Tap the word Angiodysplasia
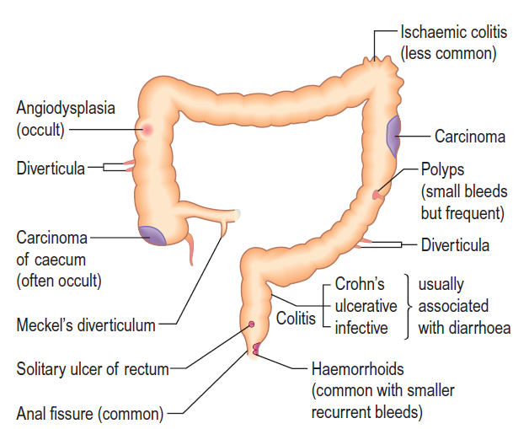click(x=66, y=109)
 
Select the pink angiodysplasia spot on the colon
click(x=147, y=130)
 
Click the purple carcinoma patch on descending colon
click(x=393, y=134)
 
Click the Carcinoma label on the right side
click(x=470, y=136)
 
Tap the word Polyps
click(x=442, y=170)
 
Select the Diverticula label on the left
click(x=51, y=169)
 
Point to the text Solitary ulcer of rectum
click(x=93, y=368)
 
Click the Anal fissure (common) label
click(x=91, y=413)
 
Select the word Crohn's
click(x=360, y=284)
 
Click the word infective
click(x=361, y=326)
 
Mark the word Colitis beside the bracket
click(x=296, y=319)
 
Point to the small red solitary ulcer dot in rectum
click(x=250, y=324)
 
